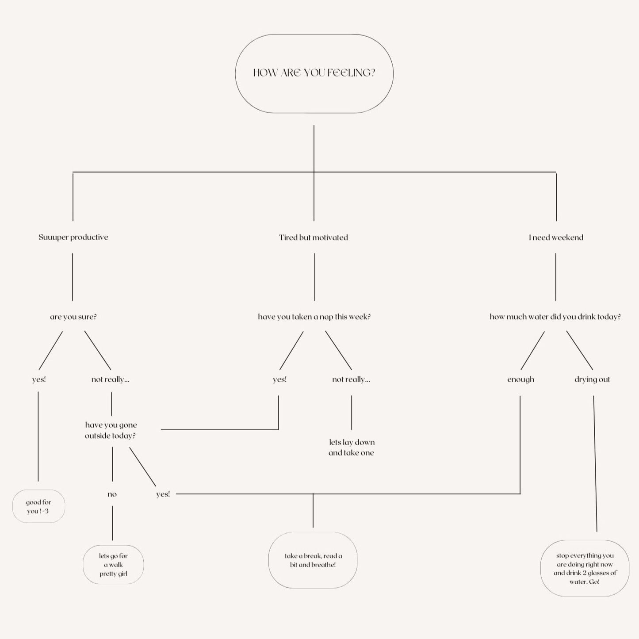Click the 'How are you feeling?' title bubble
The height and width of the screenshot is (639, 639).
pyautogui.click(x=314, y=73)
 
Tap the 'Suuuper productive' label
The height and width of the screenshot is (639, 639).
pyautogui.click(x=73, y=237)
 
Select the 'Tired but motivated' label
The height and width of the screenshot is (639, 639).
pyautogui.click(x=314, y=237)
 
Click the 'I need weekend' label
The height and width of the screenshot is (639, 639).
pyautogui.click(x=556, y=237)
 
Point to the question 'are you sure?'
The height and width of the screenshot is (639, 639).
pyautogui.click(x=73, y=317)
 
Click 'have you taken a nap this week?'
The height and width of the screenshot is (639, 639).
pyautogui.click(x=314, y=317)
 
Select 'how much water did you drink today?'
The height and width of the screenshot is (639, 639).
pyautogui.click(x=555, y=317)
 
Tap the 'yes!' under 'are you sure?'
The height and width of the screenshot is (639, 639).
pyautogui.click(x=39, y=379)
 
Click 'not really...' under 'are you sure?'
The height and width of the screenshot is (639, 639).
pyautogui.click(x=111, y=379)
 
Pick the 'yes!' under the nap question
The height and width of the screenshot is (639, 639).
pyautogui.click(x=279, y=379)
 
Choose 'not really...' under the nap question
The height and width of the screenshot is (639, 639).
pyautogui.click(x=351, y=379)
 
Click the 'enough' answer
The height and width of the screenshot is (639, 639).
pyautogui.click(x=520, y=379)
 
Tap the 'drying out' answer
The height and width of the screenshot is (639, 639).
pyautogui.click(x=592, y=379)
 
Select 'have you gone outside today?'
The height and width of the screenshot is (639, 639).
pyautogui.click(x=111, y=430)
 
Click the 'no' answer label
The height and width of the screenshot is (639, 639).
pyautogui.click(x=112, y=494)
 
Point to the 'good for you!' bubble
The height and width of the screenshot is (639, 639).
pyautogui.click(x=38, y=506)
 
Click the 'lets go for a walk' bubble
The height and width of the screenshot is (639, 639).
pyautogui.click(x=113, y=565)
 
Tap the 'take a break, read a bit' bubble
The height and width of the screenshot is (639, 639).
pyautogui.click(x=313, y=560)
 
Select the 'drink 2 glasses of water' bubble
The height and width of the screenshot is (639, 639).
pyautogui.click(x=585, y=568)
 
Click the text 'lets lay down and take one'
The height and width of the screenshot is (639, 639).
pyautogui.click(x=352, y=447)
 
